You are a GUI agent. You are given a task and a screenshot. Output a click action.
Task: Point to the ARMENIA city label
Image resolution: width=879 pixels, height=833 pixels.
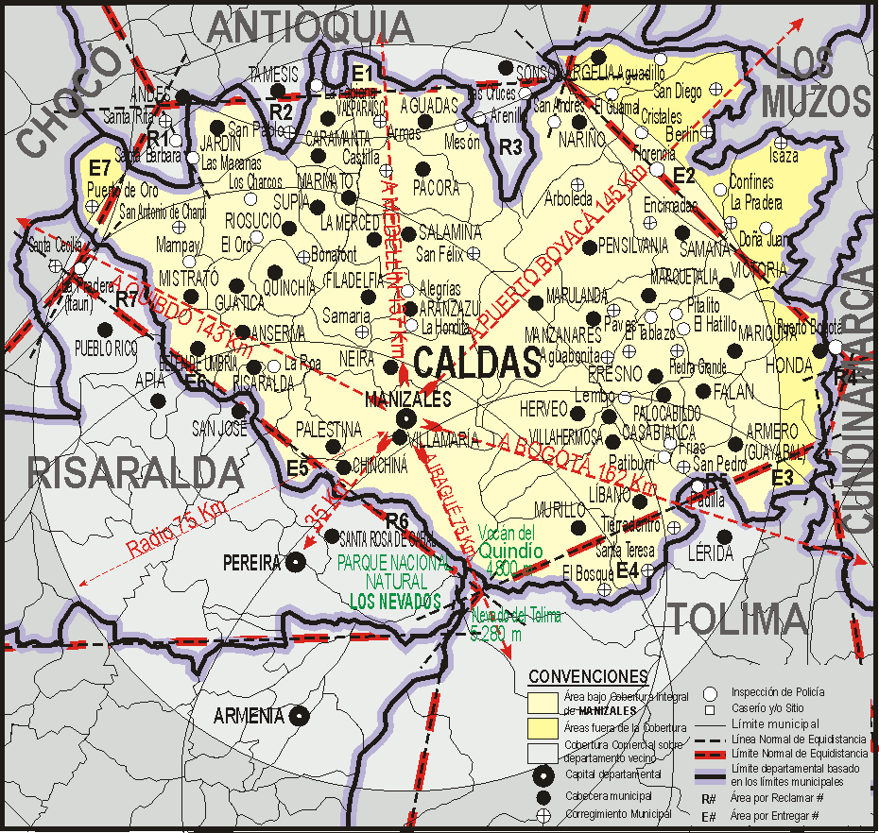tap(249, 715)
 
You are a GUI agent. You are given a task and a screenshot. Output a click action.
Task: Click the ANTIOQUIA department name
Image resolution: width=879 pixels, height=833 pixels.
tap(311, 27)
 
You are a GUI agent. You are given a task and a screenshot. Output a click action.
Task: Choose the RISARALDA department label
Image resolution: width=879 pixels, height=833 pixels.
tap(135, 470)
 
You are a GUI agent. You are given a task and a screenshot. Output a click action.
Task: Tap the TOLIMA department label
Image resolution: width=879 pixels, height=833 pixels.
tap(739, 620)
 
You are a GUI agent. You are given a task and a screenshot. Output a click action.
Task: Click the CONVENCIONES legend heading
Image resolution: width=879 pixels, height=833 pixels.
tap(588, 677)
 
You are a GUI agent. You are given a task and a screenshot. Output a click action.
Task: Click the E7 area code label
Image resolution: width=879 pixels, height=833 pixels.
tap(100, 167)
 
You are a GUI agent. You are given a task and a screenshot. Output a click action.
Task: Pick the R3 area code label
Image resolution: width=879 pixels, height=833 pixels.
tap(511, 146)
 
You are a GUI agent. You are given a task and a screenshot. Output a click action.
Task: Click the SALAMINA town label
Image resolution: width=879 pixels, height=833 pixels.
tap(450, 232)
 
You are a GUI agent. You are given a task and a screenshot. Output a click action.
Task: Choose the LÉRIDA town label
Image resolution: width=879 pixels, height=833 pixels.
tap(712, 552)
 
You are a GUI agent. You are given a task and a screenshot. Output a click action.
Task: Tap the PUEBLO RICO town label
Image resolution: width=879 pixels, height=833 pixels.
tap(107, 347)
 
